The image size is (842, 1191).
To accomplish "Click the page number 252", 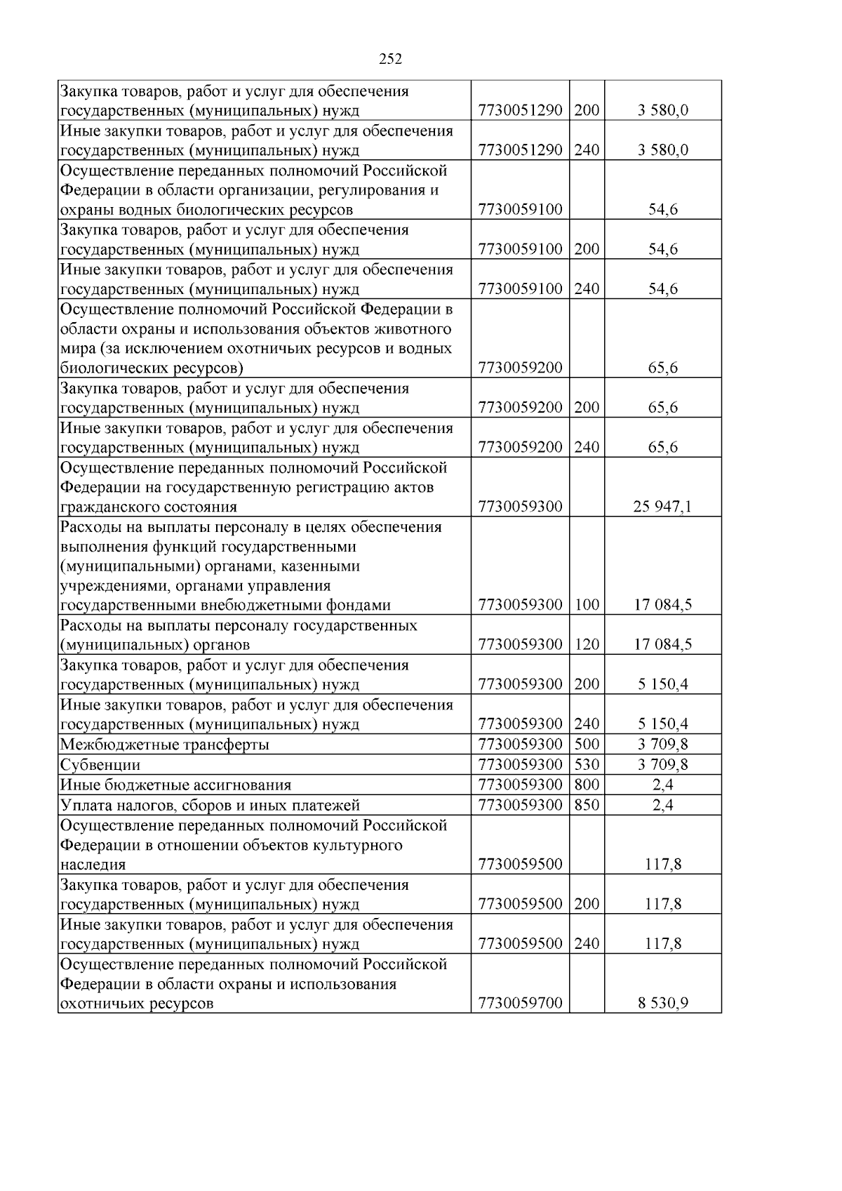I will coord(390,60).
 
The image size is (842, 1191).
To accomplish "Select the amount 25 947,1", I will coord(662,507).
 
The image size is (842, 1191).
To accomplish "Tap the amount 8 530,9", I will coord(662,1004).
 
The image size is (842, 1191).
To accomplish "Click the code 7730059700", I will coord(520,1004).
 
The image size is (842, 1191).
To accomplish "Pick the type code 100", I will coord(587,605).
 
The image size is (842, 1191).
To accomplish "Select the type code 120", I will coord(587,644).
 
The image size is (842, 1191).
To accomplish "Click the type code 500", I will coord(587,745).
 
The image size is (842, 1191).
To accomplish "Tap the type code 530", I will coord(587,765).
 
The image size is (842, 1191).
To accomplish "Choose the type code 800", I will coord(587,785).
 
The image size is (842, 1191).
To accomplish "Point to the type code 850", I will coord(587,805).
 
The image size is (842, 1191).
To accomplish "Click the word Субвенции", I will coord(100,765).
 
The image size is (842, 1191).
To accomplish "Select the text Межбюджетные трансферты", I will coord(165,745).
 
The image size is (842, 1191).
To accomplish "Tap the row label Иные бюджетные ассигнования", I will coord(175,785).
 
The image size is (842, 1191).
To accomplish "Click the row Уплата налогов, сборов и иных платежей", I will coord(210,805).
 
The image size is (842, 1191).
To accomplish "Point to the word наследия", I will coord(93,865).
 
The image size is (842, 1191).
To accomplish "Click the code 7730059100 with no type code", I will coord(520,209).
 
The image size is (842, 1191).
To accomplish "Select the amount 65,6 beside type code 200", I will coord(662,408).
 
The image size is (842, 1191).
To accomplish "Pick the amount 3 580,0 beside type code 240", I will coord(662,149).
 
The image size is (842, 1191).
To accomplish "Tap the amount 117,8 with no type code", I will coord(662,865).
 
